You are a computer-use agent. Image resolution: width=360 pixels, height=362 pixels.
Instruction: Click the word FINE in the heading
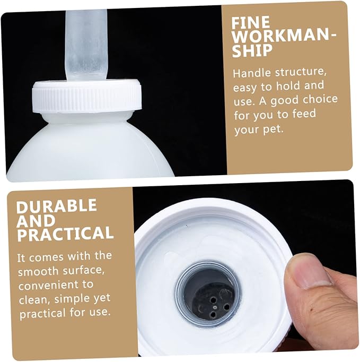[x=251, y=22]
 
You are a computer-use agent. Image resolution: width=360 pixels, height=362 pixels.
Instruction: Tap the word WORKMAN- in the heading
[x=284, y=36]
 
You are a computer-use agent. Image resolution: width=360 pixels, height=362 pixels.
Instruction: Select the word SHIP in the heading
[x=252, y=50]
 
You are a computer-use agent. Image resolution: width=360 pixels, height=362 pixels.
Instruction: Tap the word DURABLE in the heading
[x=57, y=206]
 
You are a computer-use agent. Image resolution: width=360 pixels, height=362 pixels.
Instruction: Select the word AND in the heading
[x=36, y=221]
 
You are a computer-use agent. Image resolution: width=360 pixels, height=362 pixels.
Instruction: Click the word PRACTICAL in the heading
[x=65, y=234]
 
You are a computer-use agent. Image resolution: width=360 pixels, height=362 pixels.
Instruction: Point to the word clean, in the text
[x=35, y=299]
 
